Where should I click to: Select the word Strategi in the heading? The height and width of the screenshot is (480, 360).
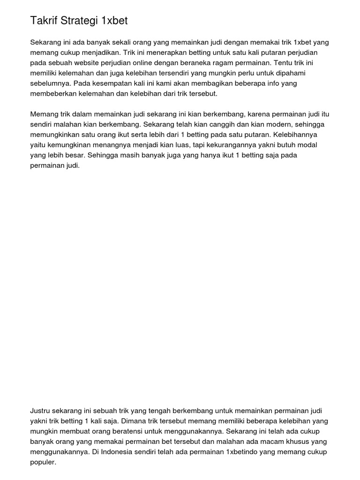[80, 21]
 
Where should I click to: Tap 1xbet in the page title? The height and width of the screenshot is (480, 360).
[114, 21]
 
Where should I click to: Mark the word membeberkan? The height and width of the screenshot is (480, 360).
[52, 94]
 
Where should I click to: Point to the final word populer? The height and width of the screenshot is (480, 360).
[43, 462]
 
